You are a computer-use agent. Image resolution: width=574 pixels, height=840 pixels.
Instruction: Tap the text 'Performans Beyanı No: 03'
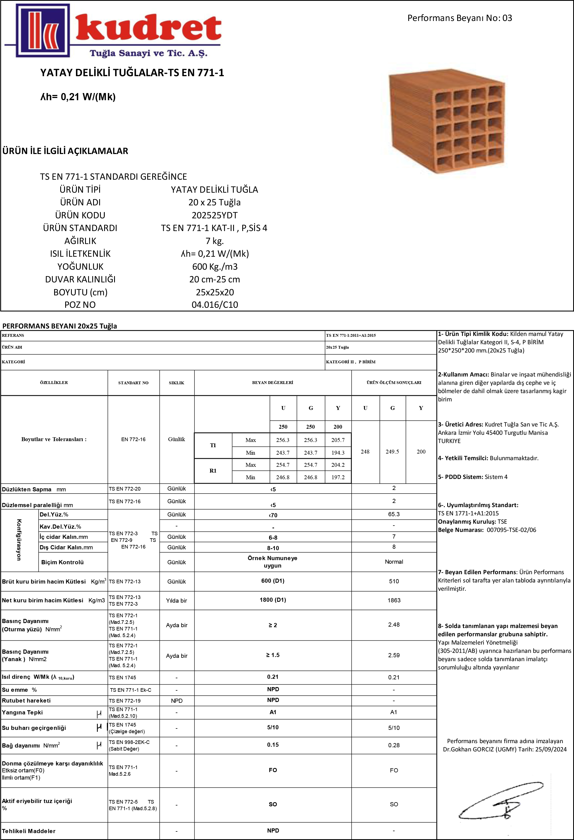pos(459,18)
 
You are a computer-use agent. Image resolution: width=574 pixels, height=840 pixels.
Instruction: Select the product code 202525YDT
pos(214,215)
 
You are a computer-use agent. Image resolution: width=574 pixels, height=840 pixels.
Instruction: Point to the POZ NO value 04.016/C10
pos(214,305)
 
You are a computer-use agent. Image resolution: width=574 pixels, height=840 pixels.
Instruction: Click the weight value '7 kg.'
pos(214,241)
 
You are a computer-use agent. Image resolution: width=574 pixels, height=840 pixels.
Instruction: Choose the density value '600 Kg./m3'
pos(214,267)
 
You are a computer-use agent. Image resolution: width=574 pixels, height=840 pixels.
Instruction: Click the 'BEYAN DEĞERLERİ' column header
pos(272,382)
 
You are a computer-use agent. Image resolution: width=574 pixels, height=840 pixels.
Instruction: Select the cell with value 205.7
pos(338,440)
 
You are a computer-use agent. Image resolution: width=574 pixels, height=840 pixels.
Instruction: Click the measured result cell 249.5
pos(393,451)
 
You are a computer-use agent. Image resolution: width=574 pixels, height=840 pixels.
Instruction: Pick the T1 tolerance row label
pos(213,445)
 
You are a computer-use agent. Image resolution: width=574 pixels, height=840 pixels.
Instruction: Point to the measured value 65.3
pos(394,514)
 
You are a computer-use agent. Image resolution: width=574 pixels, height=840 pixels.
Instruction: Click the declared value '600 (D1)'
pos(273,581)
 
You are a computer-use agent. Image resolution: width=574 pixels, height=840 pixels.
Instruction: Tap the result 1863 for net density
pos(394,600)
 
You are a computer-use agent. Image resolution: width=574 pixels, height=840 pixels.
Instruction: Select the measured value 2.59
pos(394,655)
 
